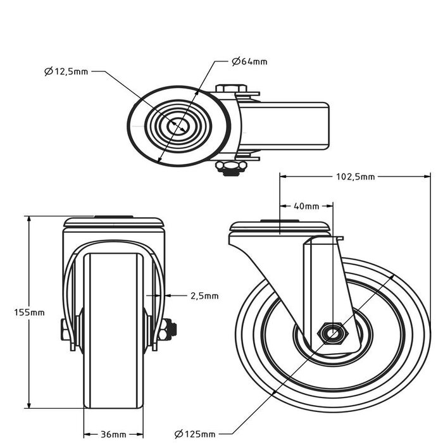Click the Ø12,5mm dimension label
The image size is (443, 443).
point(66,72)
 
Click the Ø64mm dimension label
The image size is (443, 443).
point(249,61)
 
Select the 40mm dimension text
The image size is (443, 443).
point(308,206)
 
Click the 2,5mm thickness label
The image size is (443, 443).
point(204,296)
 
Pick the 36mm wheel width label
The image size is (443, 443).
point(114,434)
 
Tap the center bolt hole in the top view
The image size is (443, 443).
point(178,125)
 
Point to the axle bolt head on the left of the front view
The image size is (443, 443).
point(65,329)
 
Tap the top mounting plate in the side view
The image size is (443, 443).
point(280,227)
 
